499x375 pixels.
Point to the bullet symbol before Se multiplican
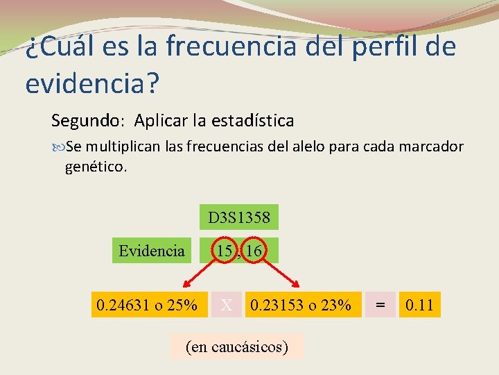(58, 147)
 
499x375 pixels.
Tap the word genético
(96, 167)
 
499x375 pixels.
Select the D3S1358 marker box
(239, 217)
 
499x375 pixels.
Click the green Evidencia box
(152, 251)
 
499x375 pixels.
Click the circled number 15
(223, 251)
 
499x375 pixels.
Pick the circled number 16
(254, 251)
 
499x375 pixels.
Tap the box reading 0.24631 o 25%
(147, 304)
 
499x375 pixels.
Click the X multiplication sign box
(227, 304)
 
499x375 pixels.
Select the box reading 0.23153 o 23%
(301, 304)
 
